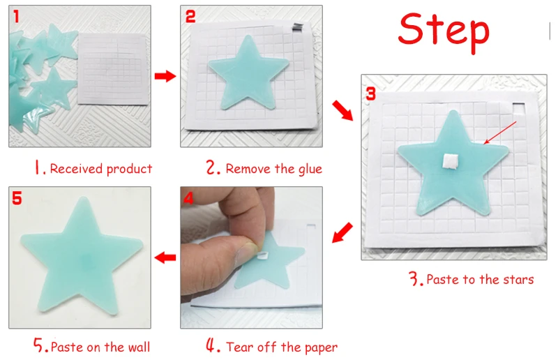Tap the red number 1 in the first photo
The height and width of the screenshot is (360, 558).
(16, 17)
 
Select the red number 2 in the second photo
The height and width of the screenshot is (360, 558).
(190, 17)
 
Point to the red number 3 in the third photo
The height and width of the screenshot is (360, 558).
(371, 93)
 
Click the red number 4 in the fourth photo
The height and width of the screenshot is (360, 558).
(188, 198)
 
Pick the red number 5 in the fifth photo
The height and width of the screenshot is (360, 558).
(17, 198)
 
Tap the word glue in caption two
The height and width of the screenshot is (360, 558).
(310, 169)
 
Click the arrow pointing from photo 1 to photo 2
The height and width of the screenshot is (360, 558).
(165, 76)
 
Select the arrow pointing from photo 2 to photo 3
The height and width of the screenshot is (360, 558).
(342, 111)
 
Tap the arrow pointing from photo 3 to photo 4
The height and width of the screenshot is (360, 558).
(342, 232)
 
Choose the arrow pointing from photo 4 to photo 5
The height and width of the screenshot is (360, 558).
(165, 257)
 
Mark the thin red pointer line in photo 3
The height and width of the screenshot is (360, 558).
(500, 133)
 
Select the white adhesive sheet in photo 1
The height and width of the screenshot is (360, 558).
(113, 69)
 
